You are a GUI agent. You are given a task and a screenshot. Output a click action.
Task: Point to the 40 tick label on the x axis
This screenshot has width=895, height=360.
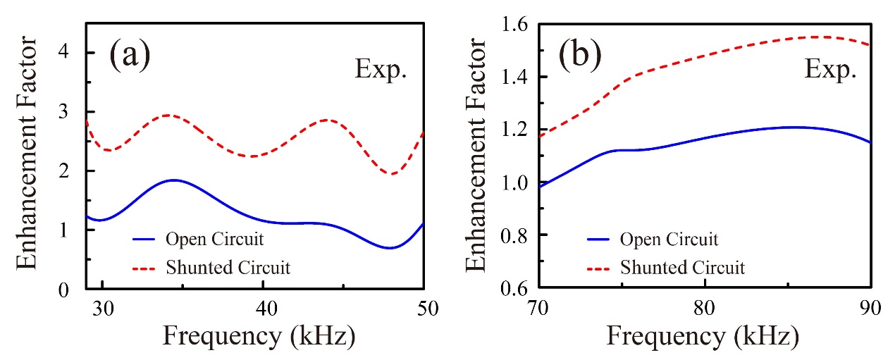[x=263, y=309]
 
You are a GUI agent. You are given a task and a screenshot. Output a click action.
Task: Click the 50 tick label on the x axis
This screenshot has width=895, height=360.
[x=423, y=309]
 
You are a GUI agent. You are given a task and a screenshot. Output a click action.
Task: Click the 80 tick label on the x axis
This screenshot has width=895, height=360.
[x=705, y=309]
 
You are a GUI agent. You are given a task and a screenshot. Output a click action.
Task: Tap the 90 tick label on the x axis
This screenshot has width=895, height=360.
[x=871, y=309]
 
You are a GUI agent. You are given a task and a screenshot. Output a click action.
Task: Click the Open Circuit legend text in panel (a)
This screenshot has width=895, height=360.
[x=215, y=239]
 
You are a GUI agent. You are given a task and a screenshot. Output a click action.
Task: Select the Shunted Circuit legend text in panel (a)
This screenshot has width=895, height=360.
[x=228, y=267]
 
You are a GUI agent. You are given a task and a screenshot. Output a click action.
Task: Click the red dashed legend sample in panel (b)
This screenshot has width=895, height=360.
[x=599, y=268]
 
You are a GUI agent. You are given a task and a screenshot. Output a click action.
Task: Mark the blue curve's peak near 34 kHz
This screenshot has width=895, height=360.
[x=172, y=180]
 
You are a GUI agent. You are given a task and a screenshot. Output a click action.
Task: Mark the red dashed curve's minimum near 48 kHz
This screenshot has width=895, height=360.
[x=393, y=174]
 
